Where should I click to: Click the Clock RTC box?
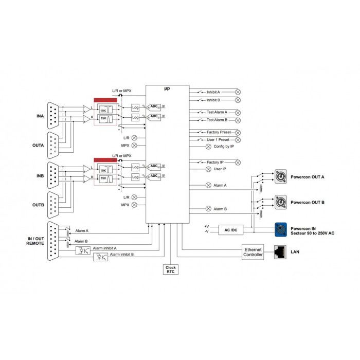click(x=170, y=269)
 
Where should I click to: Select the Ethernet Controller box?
click(x=253, y=251)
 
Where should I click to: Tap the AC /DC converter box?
click(x=230, y=229)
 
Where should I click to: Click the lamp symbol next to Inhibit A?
click(x=238, y=92)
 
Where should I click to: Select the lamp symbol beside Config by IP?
click(x=208, y=146)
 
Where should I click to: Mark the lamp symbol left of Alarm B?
click(x=208, y=209)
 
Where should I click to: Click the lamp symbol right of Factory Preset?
click(x=238, y=132)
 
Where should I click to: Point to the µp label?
click(x=167, y=89)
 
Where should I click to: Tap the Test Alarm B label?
click(x=217, y=120)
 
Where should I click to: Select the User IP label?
click(x=220, y=169)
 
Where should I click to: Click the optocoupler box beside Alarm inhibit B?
click(x=100, y=258)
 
